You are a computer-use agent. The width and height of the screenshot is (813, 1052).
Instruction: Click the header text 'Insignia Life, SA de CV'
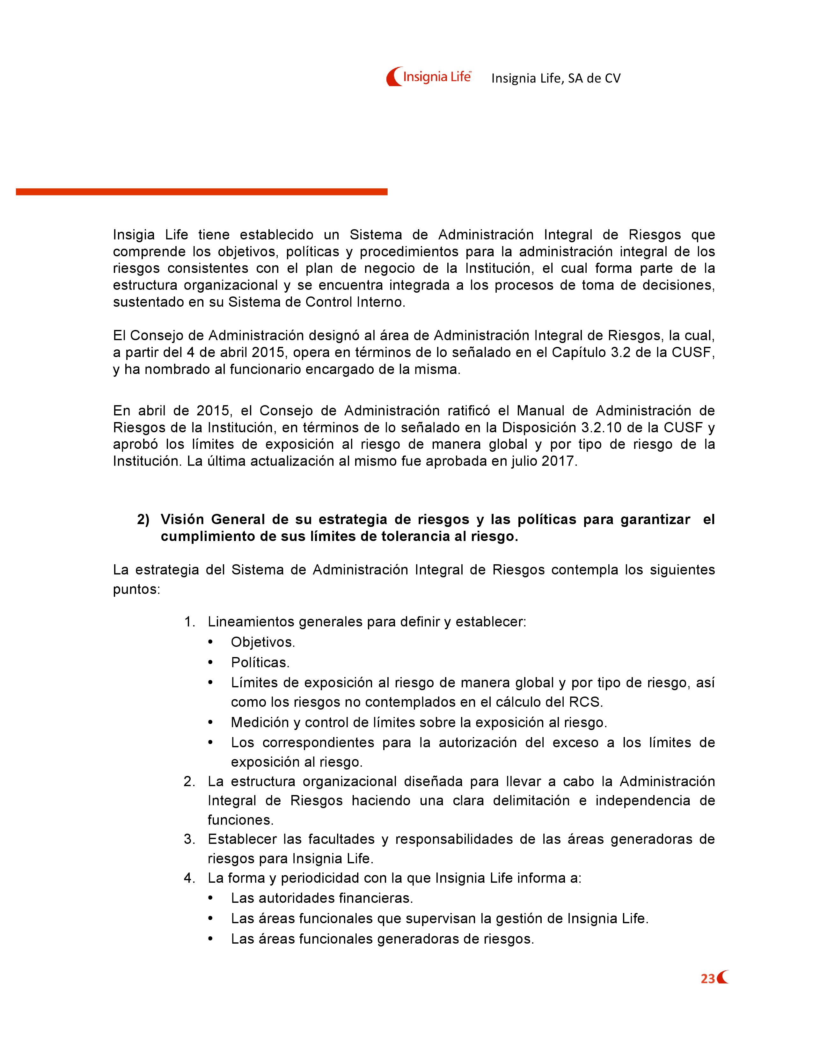556,78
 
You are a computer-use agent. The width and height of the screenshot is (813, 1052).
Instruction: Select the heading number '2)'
143,520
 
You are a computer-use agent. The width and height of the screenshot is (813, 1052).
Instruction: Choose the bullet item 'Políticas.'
260,662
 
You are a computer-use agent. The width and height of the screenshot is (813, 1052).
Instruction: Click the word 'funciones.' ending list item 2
240,820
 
